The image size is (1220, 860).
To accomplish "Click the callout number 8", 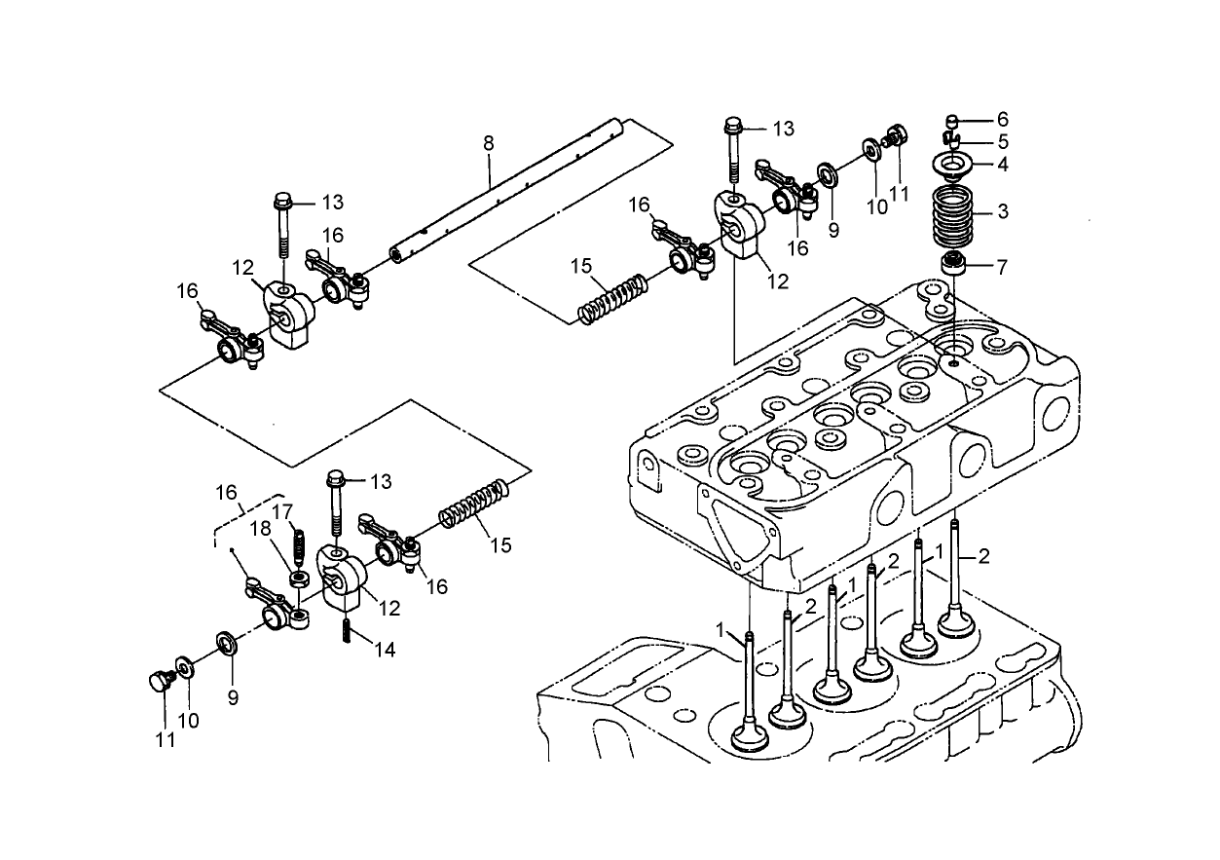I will tap(489, 143).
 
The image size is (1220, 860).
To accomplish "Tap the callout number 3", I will tap(1002, 210).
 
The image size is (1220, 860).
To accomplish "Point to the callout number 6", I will tap(1002, 120).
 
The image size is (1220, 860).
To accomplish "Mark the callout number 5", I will tap(1002, 142).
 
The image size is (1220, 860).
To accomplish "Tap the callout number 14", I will tap(386, 650).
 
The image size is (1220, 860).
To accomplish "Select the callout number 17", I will tap(282, 511).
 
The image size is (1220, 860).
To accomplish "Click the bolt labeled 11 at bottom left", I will tap(156, 680).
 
